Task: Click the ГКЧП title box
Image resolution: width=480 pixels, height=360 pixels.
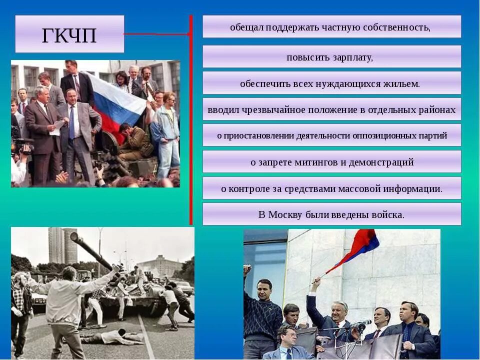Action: click(x=69, y=34)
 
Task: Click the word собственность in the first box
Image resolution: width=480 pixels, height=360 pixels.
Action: click(x=400, y=27)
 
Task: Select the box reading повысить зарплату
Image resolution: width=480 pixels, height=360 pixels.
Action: click(x=331, y=57)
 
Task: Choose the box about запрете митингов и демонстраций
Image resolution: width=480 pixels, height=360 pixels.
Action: click(x=331, y=162)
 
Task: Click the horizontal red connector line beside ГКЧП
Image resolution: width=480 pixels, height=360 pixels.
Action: click(x=156, y=34)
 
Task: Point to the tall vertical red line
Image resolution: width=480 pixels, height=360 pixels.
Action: click(x=190, y=120)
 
